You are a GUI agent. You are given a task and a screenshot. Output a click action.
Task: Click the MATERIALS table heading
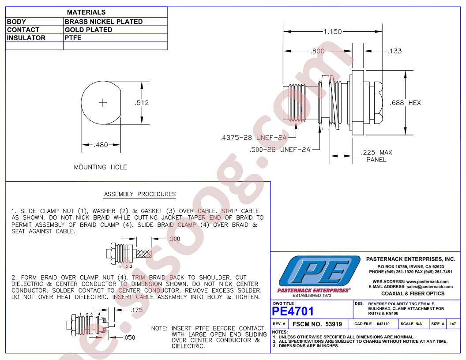point(86,12)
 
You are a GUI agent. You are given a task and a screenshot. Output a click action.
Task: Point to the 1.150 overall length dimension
point(333,31)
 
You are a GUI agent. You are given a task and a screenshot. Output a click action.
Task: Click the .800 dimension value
point(317,51)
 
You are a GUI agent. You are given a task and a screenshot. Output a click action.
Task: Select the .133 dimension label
point(395,51)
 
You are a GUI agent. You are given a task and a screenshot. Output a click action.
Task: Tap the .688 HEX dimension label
point(406,103)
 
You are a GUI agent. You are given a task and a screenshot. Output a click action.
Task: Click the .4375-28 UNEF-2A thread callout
point(253,138)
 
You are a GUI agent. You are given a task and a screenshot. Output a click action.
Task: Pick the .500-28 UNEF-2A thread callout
point(280,150)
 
